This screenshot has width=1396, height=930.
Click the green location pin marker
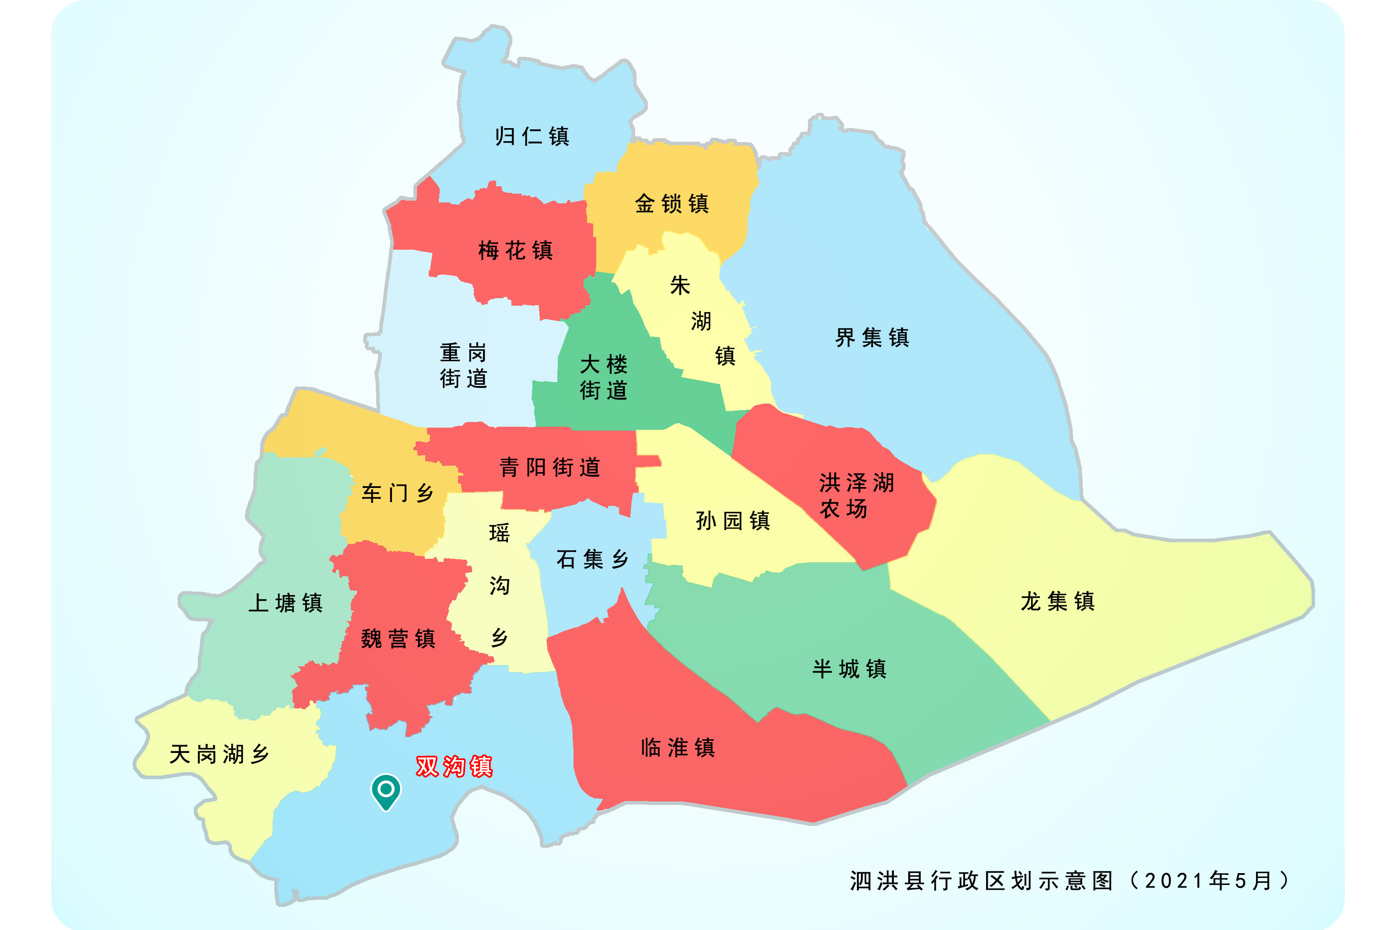[385, 791]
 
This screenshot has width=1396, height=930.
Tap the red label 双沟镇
[454, 766]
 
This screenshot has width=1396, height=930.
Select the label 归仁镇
[532, 136]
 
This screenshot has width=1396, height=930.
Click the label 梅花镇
[515, 250]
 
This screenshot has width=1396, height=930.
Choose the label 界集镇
[871, 338]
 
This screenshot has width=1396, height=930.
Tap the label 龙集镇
[1057, 601]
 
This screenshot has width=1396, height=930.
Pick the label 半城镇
[849, 669]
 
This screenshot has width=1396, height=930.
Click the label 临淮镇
[678, 747]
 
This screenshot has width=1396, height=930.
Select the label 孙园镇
[733, 521]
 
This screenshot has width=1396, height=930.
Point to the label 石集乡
[592, 559]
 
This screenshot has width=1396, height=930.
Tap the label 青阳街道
[549, 467]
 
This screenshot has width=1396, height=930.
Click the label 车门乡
[398, 493]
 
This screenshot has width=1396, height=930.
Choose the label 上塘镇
[285, 603]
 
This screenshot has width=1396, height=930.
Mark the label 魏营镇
[398, 639]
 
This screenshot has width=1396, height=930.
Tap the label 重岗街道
[463, 366]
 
